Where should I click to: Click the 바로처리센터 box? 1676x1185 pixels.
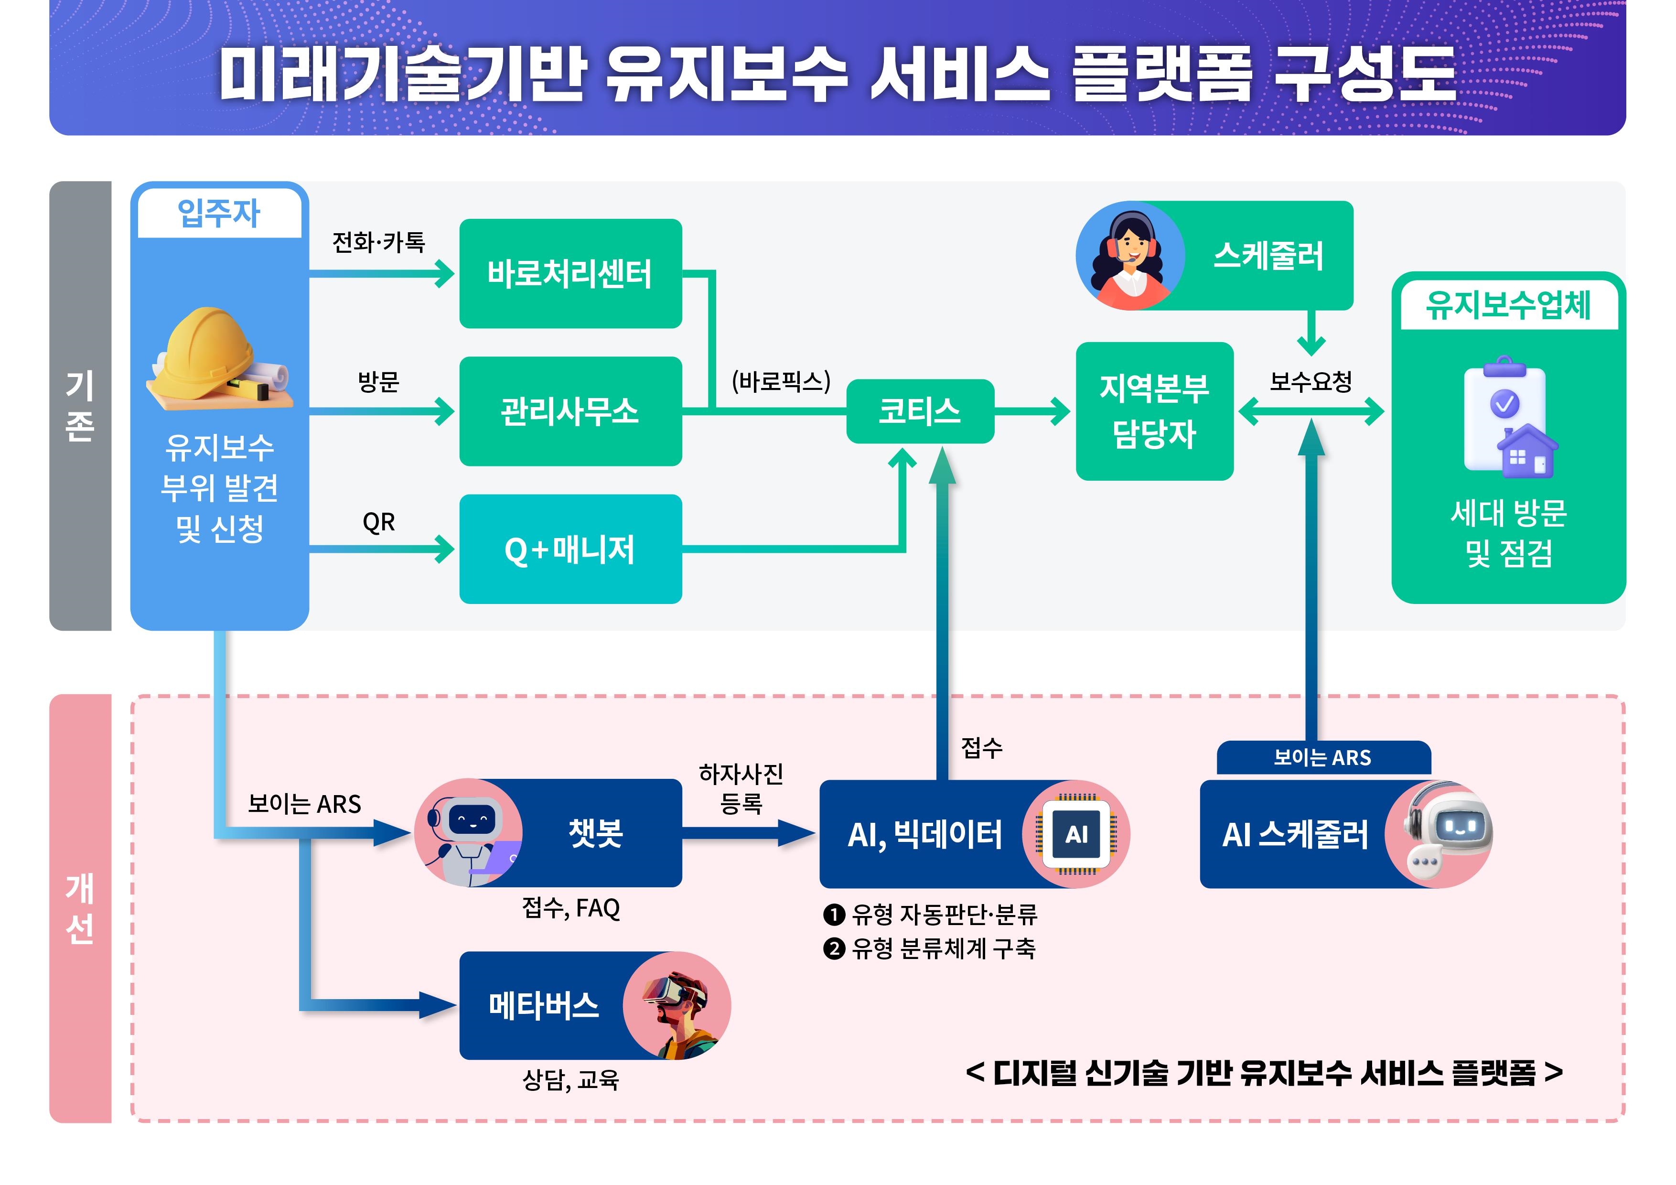[570, 274]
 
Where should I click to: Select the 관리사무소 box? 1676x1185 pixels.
[570, 411]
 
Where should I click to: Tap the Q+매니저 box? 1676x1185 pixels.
[570, 549]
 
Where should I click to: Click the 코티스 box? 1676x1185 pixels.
[920, 411]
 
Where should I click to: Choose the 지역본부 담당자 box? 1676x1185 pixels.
[1154, 411]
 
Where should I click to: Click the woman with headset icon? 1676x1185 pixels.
[1130, 256]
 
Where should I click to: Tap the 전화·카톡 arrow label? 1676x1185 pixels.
[378, 242]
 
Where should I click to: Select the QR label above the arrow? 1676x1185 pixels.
[378, 522]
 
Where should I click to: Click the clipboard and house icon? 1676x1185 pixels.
[1508, 416]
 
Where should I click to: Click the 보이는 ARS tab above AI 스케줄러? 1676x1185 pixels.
[1323, 758]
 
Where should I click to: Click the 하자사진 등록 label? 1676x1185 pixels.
[741, 788]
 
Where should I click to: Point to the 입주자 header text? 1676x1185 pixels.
[219, 213]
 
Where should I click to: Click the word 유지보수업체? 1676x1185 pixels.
[1508, 305]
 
